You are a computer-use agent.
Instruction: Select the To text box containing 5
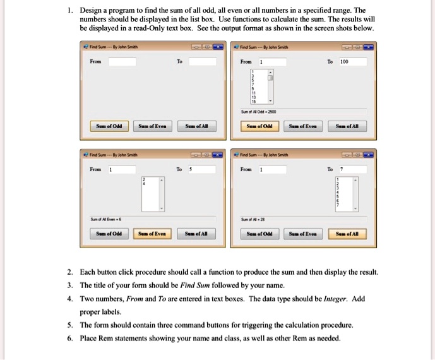[x=202, y=170]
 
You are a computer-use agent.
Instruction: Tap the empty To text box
[x=202, y=62]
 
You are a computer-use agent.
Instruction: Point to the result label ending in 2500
[x=259, y=111]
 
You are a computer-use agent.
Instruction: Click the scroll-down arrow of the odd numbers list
[x=271, y=100]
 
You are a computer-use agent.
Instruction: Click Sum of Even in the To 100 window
[x=303, y=126]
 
